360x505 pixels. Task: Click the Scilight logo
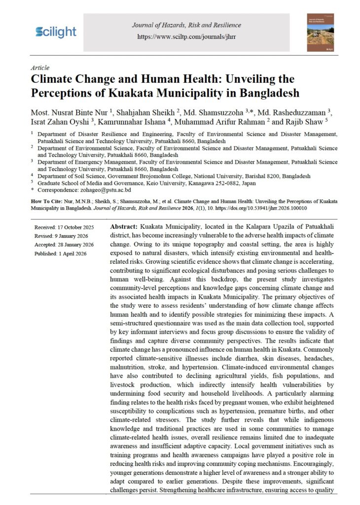[56, 32]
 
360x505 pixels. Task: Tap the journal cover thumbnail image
[320, 32]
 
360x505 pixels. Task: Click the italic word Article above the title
[39, 68]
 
